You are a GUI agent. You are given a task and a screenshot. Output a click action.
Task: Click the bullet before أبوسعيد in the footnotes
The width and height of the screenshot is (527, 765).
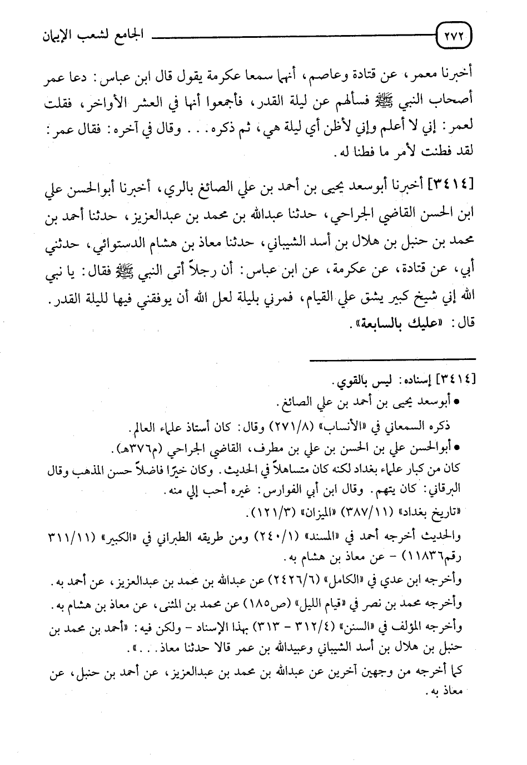[x=456, y=401]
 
